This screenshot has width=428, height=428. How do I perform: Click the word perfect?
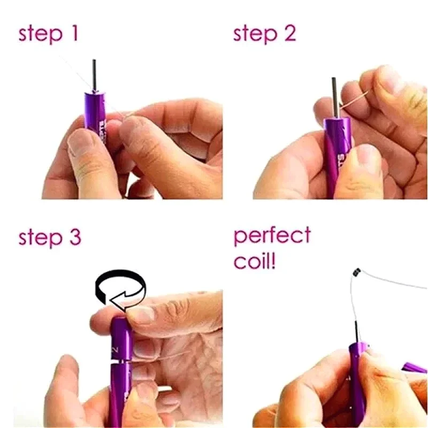pos(272,236)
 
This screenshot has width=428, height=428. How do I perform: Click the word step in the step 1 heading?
pos(39,34)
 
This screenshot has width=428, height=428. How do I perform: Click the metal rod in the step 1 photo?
pos(95,75)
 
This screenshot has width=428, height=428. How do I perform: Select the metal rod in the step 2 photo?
pos(334,96)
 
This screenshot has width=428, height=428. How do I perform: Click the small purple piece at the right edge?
pos(414,368)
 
